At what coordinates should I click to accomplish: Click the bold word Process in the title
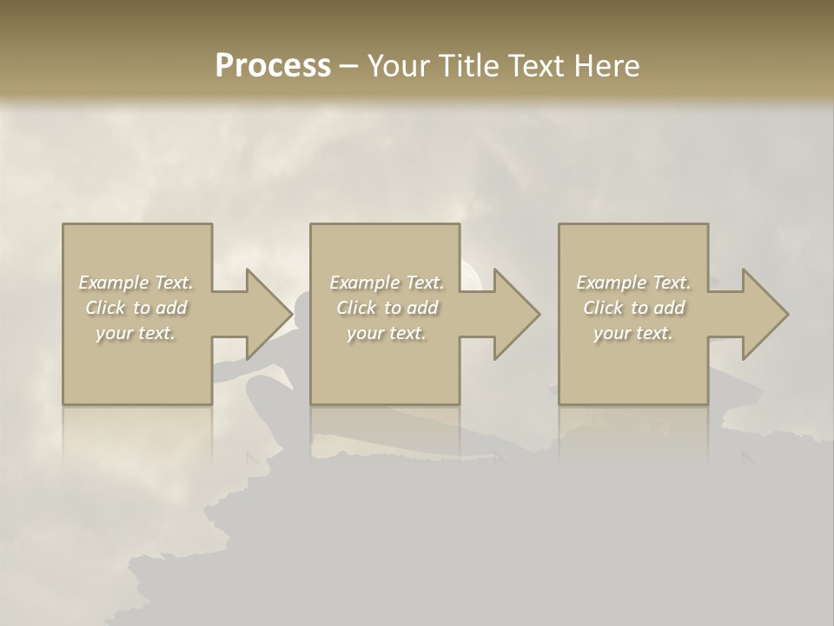point(273,66)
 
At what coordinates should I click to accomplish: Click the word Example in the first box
point(113,283)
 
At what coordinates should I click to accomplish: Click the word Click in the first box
point(105,308)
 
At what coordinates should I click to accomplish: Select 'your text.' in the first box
point(136,333)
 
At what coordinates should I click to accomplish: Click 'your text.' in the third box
point(633,333)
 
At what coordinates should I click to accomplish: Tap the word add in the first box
point(171,308)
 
